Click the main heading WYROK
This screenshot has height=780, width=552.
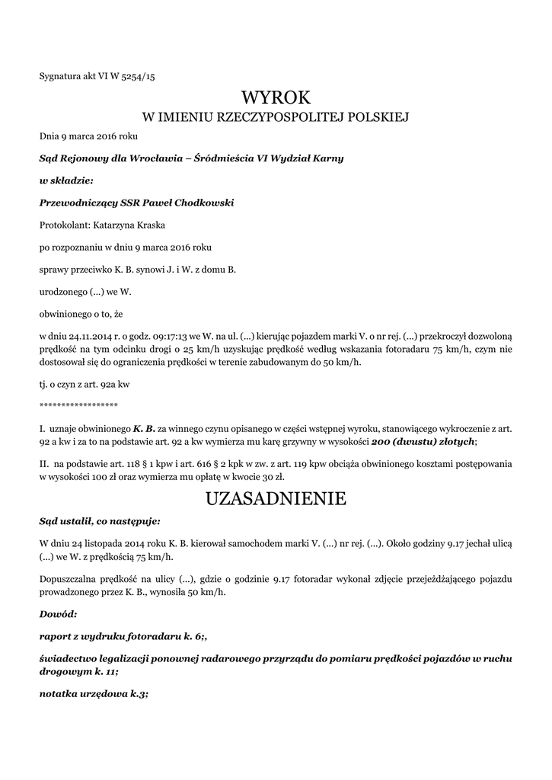click(276, 97)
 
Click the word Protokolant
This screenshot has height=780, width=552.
click(64, 225)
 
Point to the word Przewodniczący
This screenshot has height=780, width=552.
click(77, 203)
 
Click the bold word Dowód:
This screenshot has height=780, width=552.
click(58, 612)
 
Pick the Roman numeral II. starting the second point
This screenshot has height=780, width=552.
click(43, 463)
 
